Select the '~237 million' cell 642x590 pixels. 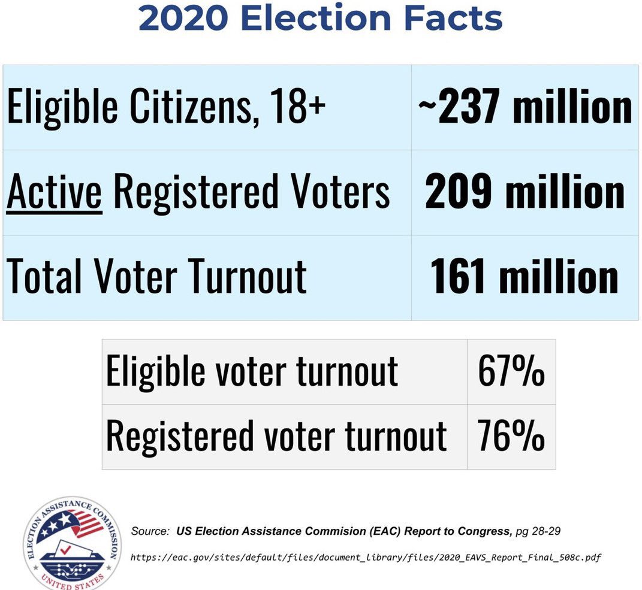tap(525, 108)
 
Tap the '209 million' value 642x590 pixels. tap(525, 193)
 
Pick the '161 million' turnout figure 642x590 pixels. tap(525, 277)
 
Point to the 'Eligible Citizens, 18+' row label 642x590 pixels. tap(166, 108)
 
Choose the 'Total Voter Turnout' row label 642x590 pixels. tap(157, 277)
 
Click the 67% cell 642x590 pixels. tap(511, 371)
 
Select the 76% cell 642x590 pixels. tap(511, 436)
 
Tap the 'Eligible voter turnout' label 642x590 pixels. tap(252, 371)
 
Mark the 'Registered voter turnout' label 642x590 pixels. tap(276, 436)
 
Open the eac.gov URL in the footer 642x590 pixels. tap(366, 558)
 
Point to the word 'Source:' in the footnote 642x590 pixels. tap(150, 531)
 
